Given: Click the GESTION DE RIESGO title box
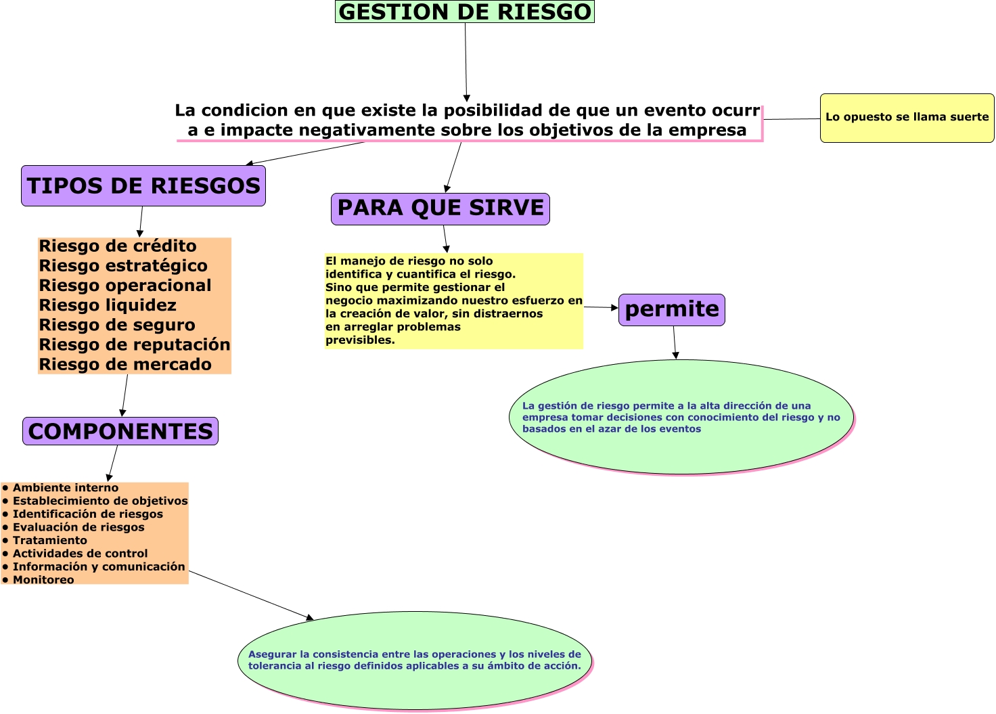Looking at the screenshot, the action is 464,12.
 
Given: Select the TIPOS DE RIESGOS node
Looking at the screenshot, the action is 143,186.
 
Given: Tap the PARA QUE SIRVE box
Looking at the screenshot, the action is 440,208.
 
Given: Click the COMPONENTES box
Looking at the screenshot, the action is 120,431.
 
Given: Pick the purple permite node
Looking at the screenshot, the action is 672,310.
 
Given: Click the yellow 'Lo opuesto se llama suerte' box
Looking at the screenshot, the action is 907,118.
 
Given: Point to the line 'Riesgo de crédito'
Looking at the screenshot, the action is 118,246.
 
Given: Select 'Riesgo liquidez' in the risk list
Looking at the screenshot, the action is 108,305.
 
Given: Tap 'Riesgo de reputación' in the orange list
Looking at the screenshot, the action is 135,344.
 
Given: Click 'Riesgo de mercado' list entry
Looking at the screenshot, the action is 125,365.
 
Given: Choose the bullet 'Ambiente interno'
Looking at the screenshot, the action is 65,488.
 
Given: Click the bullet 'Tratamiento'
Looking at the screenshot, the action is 49,540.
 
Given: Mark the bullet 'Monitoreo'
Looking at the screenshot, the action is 43,580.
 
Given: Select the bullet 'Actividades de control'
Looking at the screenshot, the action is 80,554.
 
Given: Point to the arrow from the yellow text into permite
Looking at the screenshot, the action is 601,307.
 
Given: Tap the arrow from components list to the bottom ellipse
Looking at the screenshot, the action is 250,595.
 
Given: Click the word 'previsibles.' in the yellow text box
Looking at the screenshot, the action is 360,340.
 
